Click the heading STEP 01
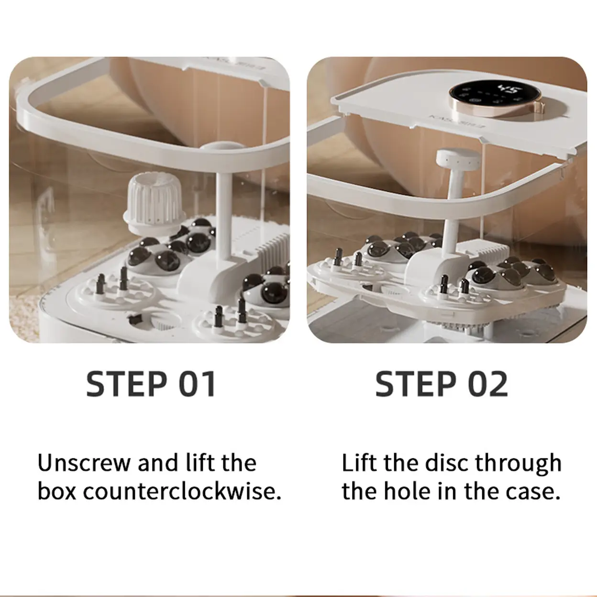tap(151, 384)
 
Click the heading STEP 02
tap(442, 384)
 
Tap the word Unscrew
tap(84, 463)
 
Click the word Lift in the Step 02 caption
tap(359, 463)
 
